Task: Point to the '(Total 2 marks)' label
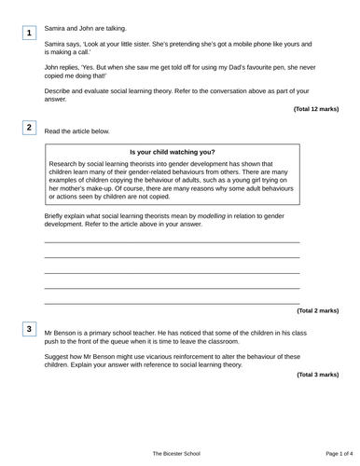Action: point(318,310)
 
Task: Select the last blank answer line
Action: point(173,303)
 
